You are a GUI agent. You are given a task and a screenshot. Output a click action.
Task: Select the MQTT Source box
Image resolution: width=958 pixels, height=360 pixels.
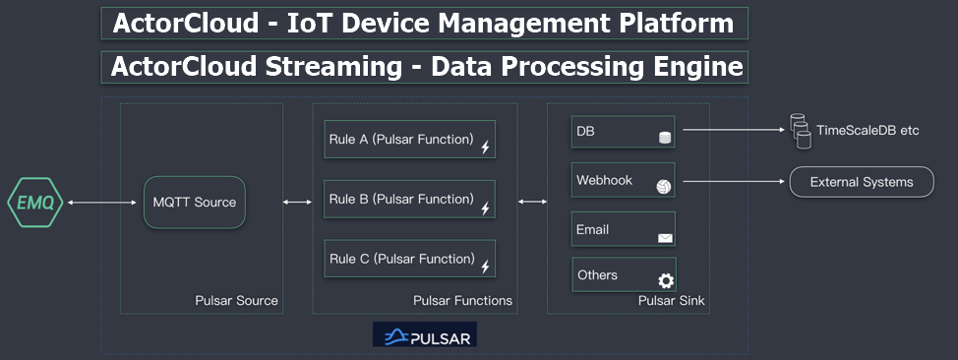[194, 203]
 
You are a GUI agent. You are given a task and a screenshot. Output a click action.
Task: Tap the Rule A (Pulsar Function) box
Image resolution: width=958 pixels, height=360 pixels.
[409, 140]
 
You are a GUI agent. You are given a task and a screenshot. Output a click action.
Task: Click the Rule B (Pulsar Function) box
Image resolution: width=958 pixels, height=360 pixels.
[409, 200]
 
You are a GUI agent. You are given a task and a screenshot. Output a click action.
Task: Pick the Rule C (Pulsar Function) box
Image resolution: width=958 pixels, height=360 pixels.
[409, 260]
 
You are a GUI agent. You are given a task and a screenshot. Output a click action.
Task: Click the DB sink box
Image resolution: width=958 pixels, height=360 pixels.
[623, 132]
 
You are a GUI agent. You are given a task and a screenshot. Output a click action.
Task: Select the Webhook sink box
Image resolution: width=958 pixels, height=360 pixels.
[623, 181]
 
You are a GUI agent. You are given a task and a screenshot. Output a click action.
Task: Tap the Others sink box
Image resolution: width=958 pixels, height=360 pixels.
[623, 274]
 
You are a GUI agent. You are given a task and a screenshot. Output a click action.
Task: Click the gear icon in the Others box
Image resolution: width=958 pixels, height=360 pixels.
[666, 281]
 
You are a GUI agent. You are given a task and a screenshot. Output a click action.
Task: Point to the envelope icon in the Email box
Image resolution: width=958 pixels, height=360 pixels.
[665, 237]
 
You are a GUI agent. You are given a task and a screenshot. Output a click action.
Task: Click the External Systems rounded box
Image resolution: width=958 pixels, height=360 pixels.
[861, 182]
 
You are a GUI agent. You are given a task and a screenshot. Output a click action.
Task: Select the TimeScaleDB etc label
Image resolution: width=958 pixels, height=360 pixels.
[868, 130]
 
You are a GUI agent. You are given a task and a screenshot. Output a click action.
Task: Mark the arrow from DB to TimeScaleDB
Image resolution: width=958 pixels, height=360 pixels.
[733, 129]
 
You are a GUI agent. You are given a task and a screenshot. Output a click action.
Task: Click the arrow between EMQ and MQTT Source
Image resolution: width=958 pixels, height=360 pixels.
[101, 203]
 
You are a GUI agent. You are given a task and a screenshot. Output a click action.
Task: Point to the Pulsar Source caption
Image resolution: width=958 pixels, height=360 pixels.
[236, 300]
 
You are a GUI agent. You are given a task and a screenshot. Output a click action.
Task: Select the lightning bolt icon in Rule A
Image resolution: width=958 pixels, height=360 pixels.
[484, 148]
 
